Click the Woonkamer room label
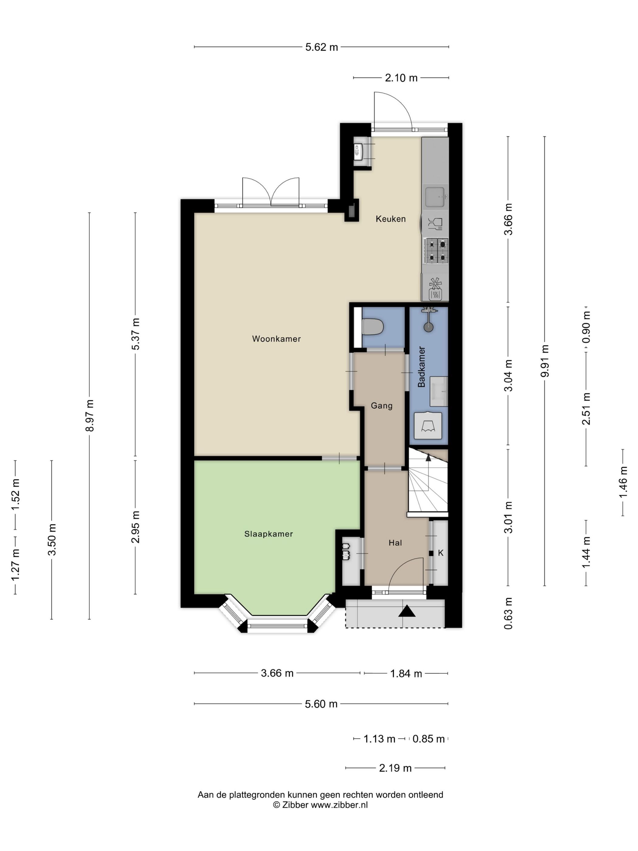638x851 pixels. tap(276, 339)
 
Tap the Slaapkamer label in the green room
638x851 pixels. tap(269, 534)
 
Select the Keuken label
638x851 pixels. tap(390, 219)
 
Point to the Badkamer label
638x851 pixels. tap(421, 367)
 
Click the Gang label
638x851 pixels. tap(382, 405)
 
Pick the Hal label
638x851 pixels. tap(395, 543)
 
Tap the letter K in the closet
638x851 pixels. tap(441, 553)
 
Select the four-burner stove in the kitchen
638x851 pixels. tap(436, 250)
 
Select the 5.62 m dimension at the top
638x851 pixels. tap(321, 47)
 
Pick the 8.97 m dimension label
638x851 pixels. tap(90, 415)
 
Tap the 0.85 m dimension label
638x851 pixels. tap(428, 739)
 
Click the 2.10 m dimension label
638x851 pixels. tap(401, 78)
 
